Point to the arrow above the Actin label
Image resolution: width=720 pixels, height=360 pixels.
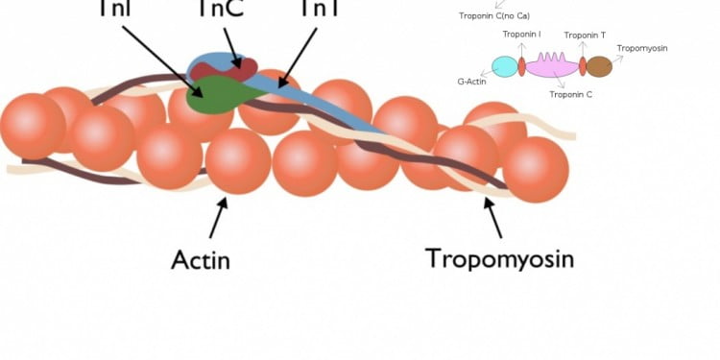pyautogui.click(x=219, y=215)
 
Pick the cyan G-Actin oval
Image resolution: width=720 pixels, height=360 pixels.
pyautogui.click(x=504, y=66)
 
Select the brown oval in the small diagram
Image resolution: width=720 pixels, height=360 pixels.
pyautogui.click(x=599, y=66)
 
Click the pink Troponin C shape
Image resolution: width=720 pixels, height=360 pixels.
pyautogui.click(x=552, y=66)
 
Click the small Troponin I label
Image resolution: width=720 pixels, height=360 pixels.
pyautogui.click(x=521, y=35)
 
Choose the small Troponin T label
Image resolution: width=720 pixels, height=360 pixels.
pyautogui.click(x=585, y=35)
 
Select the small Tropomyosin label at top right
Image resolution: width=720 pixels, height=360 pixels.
pyautogui.click(x=642, y=47)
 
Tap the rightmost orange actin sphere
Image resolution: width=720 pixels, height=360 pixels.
pyautogui.click(x=536, y=169)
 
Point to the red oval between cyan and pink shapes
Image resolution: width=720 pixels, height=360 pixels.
pyautogui.click(x=521, y=66)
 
